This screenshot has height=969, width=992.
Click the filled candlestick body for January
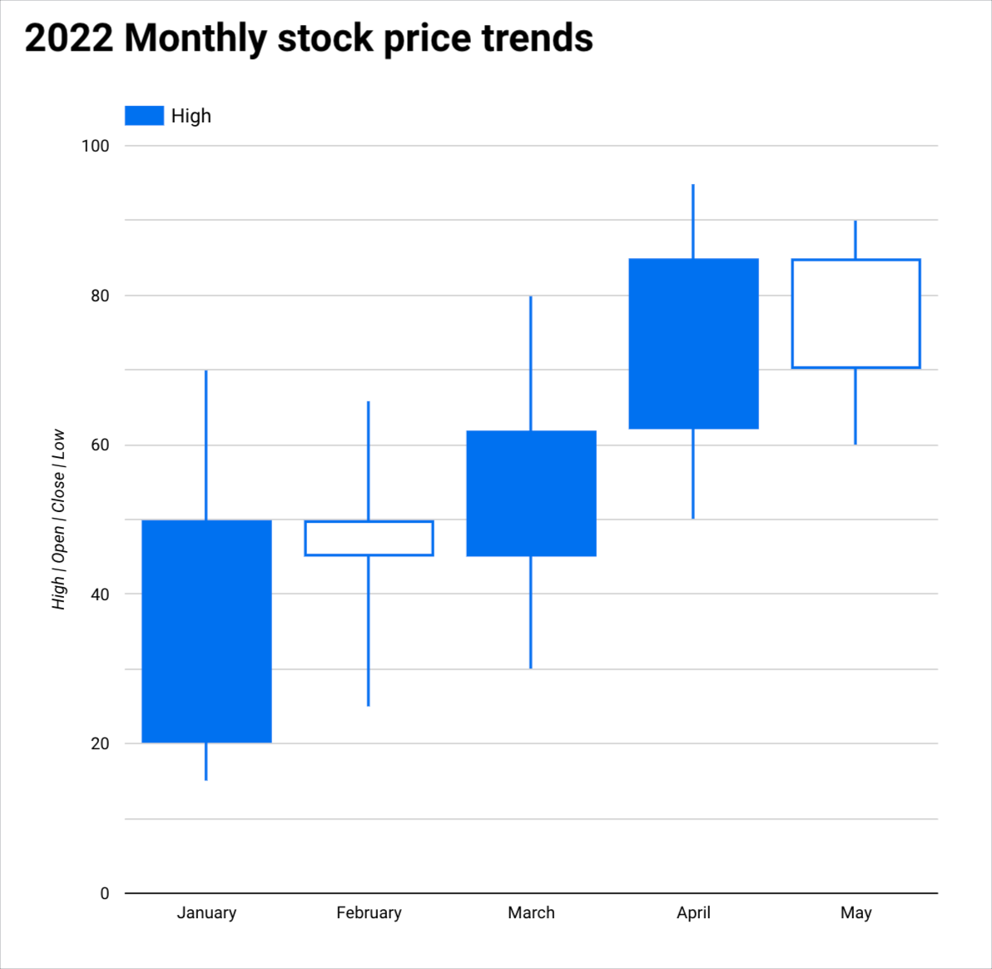point(206,631)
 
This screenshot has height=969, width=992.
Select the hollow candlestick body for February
point(369,538)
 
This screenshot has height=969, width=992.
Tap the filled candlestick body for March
point(531,493)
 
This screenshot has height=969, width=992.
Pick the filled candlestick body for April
point(693,344)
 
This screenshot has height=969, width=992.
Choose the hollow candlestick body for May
point(856,314)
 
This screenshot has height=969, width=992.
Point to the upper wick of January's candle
point(206,445)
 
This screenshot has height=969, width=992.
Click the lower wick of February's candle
point(369,631)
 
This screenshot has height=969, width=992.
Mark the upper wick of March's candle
point(531,363)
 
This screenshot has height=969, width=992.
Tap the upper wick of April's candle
point(693,221)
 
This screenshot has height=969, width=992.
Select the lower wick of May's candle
point(856,406)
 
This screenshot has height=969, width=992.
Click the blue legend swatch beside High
point(144,116)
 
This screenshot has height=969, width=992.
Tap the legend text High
point(191,116)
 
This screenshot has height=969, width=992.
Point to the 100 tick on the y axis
point(95,146)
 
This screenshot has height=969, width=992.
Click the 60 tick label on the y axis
point(100,445)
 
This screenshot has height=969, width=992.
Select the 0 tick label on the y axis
point(104,893)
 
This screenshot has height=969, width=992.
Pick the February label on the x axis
point(369,912)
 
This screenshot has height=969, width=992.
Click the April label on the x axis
point(693,912)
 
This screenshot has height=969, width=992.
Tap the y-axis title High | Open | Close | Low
point(58,519)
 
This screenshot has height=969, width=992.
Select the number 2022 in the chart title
point(68,38)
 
